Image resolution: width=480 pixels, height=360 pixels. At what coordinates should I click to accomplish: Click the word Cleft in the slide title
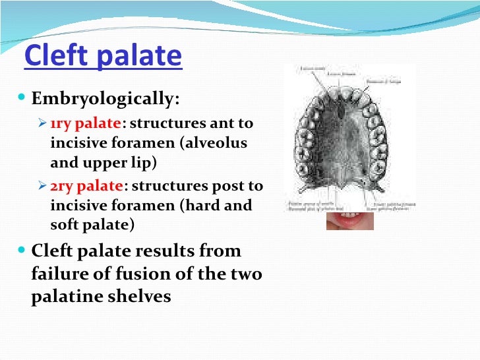coord(54,57)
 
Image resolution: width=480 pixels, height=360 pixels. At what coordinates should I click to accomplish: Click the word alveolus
coord(216,143)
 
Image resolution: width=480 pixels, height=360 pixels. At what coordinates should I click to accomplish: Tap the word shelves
coord(139,296)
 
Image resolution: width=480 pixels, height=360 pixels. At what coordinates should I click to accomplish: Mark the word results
coord(161,251)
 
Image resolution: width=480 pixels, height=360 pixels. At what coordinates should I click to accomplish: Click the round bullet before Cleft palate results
coord(23,251)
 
